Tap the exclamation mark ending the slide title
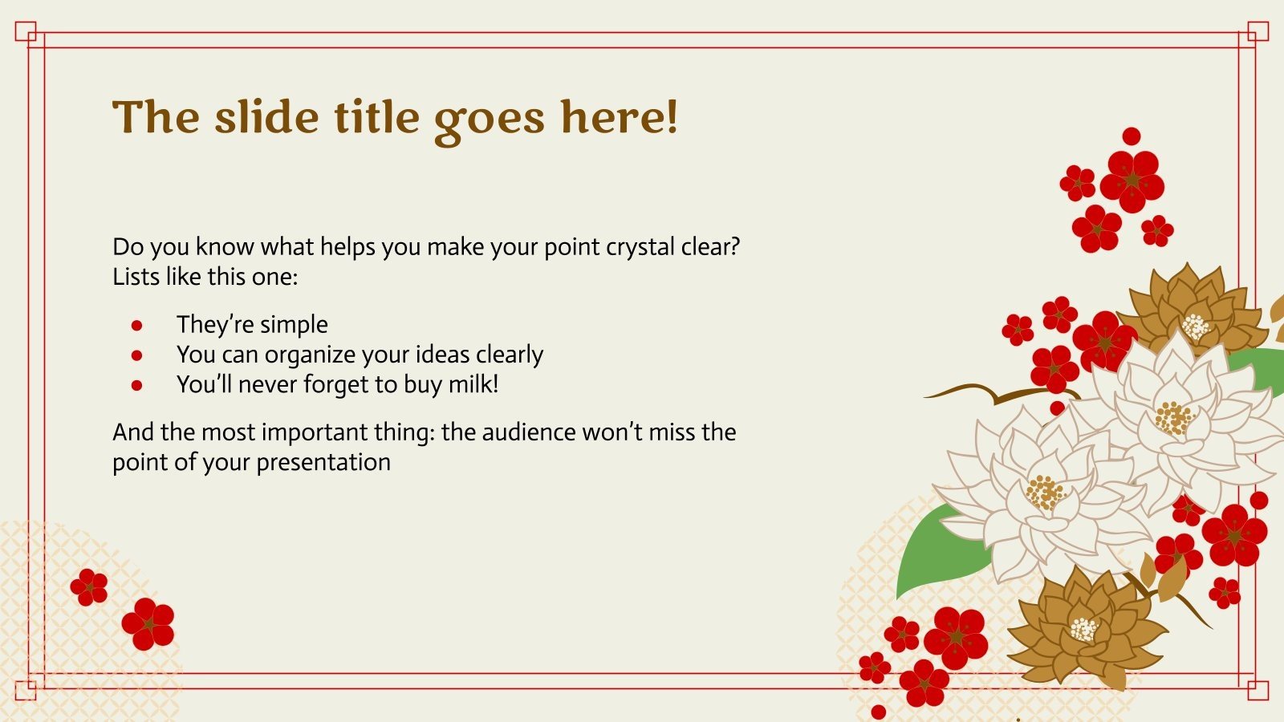tap(672, 117)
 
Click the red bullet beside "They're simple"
tap(136, 326)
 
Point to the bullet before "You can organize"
tap(136, 355)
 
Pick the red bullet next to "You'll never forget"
tap(136, 385)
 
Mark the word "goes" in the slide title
tap(490, 120)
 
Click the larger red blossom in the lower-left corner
tap(148, 624)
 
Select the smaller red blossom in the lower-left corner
tap(89, 587)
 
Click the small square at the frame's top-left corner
tap(26, 31)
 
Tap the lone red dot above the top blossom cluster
tap(1131, 136)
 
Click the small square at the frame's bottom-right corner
tap(1258, 690)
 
